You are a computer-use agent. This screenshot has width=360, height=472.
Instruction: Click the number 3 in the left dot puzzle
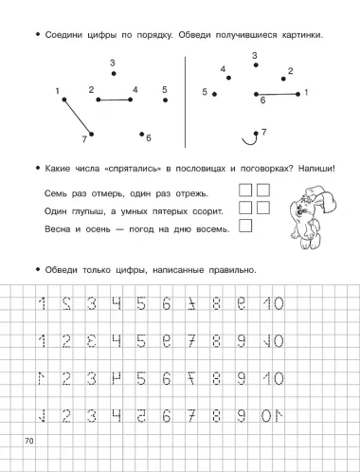coord(113,64)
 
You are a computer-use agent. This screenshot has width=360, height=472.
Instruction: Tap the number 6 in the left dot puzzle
coord(149,137)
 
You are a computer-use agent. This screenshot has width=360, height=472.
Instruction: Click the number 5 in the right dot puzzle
coord(205,91)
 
